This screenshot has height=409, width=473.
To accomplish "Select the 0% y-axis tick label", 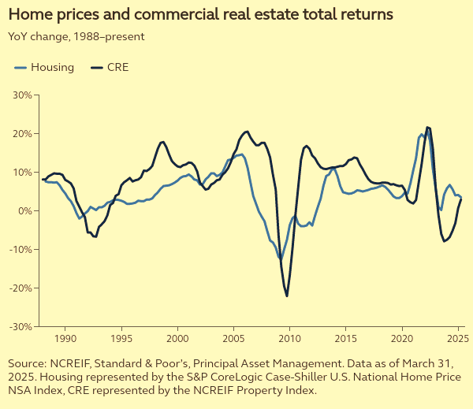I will pos(24,210).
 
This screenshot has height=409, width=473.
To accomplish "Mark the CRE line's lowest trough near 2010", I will pos(287,296).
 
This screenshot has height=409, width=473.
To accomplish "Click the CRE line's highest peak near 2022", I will pos(427,127).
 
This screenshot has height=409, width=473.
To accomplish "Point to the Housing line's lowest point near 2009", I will pos(280,258).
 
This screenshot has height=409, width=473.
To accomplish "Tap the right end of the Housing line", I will pos(461,197).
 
